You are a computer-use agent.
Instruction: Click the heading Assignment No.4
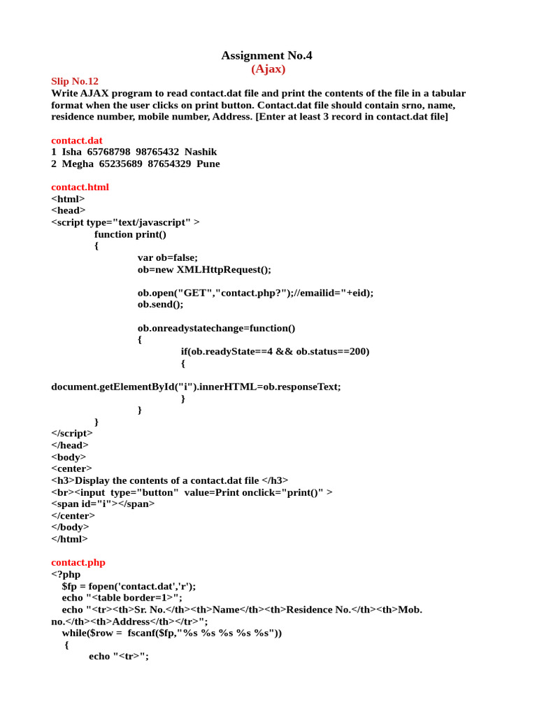coord(266,55)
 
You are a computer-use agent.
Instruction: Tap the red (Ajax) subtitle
coord(268,69)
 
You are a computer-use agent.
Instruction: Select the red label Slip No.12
coord(75,81)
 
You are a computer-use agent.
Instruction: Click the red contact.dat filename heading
coord(77,140)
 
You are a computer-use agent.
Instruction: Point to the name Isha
coord(72,152)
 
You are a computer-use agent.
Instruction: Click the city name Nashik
coord(201,152)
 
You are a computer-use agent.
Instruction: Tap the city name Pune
coord(208,164)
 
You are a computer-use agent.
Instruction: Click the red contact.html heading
coord(80,187)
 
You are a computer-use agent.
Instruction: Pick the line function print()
coord(130,234)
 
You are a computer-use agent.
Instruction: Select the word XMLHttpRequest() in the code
coord(223,269)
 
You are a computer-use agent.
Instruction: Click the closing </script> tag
coord(72,434)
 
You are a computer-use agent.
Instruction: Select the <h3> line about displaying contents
coord(169,480)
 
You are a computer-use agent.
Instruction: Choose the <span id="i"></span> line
coord(103,503)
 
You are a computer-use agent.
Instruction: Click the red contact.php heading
coord(78,562)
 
